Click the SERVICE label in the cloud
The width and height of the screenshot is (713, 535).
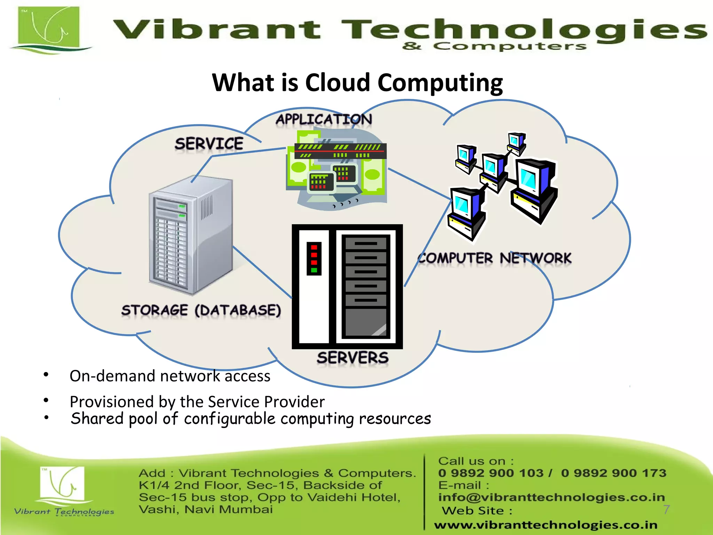coord(209,144)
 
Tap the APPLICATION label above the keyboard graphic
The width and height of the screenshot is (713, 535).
coord(324,119)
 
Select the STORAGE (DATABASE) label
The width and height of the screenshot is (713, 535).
coord(201,310)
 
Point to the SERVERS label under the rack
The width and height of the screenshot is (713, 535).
coord(352,358)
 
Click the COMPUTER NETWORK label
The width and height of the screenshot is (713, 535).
coord(494,258)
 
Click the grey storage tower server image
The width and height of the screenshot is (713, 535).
coord(191,237)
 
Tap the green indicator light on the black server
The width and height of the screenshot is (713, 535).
coord(314,270)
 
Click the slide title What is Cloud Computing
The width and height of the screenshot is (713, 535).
coord(357,83)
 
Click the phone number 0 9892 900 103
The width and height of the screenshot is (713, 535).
coord(491,473)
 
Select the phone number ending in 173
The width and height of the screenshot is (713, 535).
coord(613,473)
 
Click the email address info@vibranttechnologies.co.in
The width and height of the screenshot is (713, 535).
coord(551,497)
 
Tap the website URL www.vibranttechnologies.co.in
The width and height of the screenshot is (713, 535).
coord(546,525)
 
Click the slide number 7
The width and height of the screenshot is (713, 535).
coord(666,510)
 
